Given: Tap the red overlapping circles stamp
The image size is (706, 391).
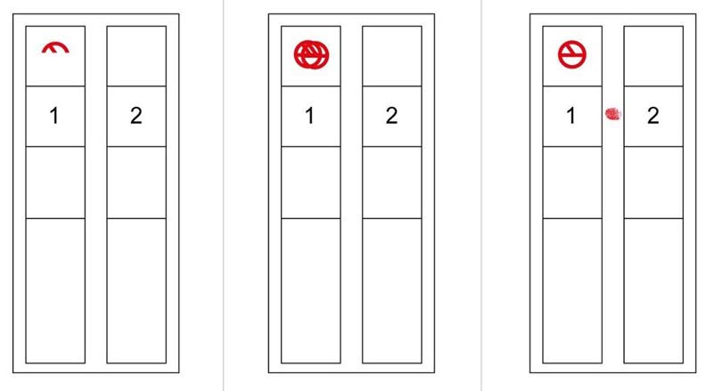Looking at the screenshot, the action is point(312,55).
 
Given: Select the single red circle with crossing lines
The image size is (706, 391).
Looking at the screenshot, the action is point(572,55).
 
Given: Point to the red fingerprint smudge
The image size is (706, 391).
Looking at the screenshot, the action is point(612,114).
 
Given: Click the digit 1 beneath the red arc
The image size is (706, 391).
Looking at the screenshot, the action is point(54,116).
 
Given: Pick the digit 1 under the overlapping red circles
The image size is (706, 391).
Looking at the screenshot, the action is point(309,116).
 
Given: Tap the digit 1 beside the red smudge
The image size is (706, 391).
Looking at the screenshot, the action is point(571,116).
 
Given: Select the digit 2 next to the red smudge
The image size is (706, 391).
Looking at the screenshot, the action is point(653,116).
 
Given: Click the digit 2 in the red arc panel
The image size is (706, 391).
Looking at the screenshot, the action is point(136,116).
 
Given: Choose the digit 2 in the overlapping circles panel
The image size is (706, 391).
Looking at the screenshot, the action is point(391,116).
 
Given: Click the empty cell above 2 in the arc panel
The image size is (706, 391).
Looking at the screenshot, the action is point(136,56).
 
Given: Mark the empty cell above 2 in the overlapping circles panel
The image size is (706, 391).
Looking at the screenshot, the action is point(391,56).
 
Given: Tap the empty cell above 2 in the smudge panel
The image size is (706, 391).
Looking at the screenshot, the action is point(653,56).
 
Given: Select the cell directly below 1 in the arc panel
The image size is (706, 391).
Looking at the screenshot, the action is point(55,183).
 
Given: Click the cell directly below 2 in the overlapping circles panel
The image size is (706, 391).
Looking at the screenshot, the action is point(391,183).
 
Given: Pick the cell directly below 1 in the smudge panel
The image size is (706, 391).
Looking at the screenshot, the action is point(572,183).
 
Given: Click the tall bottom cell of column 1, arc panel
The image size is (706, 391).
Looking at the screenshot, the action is point(55,290).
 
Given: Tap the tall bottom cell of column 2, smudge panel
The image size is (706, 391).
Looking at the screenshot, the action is point(653,290).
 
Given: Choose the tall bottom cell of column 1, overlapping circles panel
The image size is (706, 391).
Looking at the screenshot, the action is point(311,290).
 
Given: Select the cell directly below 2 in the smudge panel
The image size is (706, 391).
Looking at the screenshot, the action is point(653,183).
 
